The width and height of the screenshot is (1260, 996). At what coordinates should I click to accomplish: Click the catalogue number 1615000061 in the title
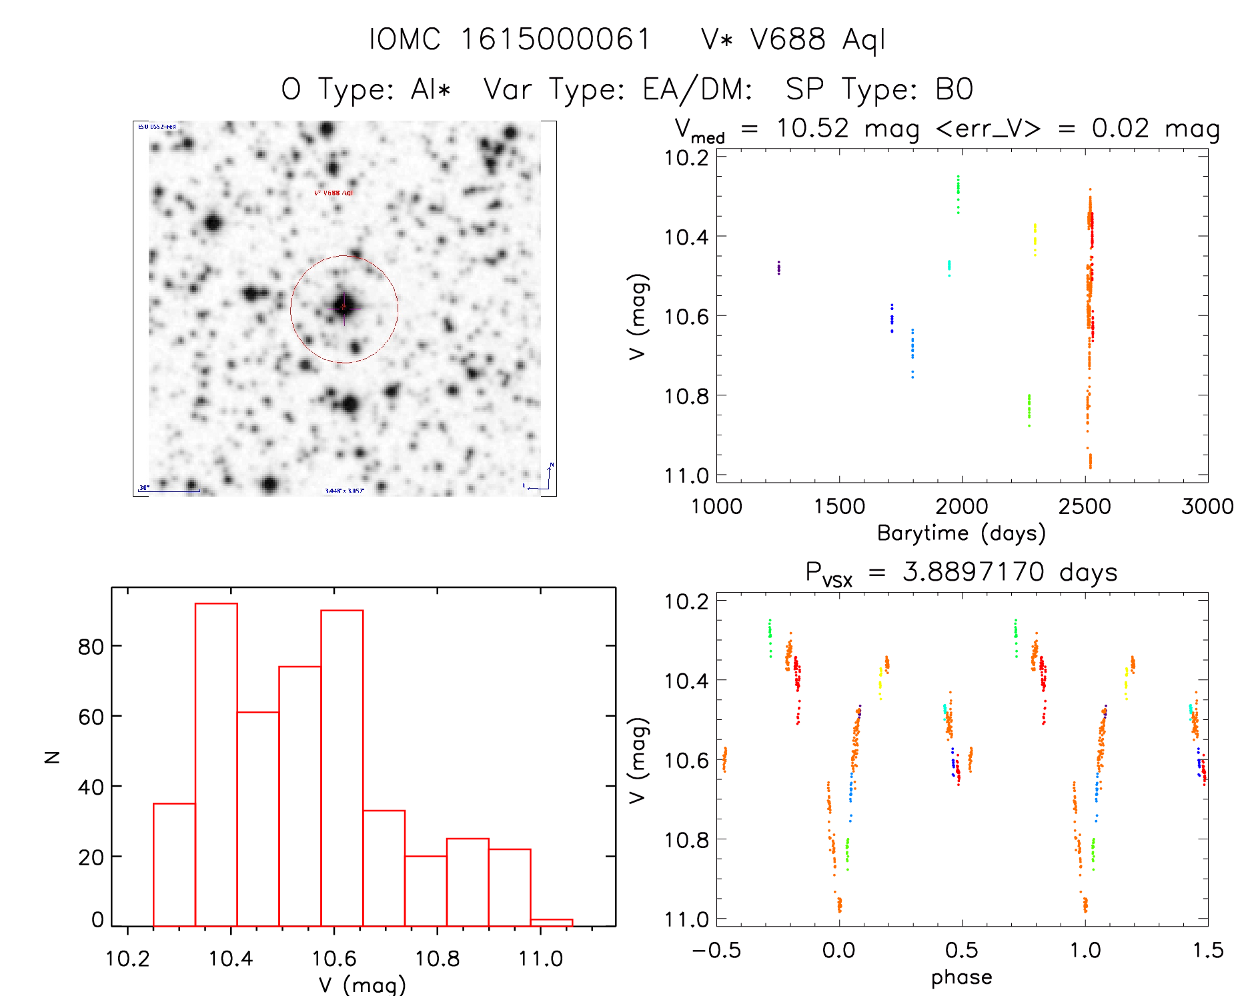(x=555, y=39)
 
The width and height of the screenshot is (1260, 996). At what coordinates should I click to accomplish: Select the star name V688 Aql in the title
(x=793, y=39)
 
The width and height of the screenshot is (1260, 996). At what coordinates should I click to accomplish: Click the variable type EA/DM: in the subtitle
(x=697, y=89)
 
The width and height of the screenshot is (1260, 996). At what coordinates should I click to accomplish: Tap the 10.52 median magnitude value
(x=812, y=128)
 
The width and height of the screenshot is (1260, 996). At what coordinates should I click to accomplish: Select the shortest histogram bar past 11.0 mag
(x=551, y=923)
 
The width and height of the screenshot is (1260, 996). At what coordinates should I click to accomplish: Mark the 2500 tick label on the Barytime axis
(x=1085, y=507)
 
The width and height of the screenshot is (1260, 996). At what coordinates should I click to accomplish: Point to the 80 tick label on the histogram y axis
(x=91, y=647)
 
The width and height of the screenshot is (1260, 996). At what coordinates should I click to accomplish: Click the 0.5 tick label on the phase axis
(x=962, y=950)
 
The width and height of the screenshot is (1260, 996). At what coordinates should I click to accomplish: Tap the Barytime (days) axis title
(x=961, y=533)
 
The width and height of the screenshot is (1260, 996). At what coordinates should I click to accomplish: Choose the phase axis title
(x=961, y=977)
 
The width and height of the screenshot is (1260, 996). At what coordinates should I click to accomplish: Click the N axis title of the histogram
(x=52, y=757)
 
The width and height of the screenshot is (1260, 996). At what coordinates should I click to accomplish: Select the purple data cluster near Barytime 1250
(x=778, y=267)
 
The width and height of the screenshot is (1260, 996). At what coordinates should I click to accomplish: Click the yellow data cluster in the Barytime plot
(x=1035, y=239)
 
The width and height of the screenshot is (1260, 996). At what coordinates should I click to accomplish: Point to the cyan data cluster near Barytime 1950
(x=949, y=267)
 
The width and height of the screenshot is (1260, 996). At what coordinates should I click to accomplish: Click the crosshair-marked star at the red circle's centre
(x=344, y=307)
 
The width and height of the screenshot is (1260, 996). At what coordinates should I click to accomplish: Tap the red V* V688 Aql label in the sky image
(x=334, y=193)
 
